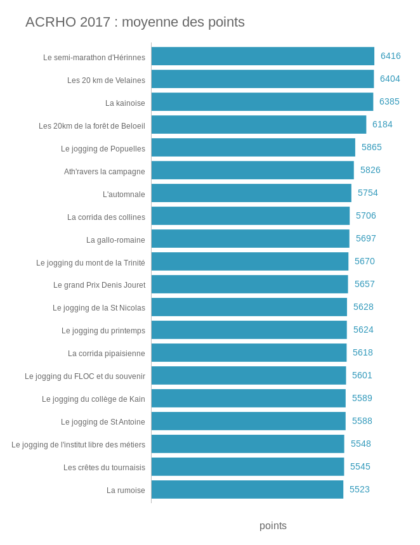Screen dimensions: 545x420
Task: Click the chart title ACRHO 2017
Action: pos(135,22)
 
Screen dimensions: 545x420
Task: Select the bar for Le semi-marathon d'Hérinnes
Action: pos(263,56)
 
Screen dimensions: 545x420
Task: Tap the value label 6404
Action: pos(390,79)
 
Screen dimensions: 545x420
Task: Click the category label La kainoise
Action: pos(125,103)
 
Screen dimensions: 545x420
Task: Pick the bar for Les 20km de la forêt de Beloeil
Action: pos(258,125)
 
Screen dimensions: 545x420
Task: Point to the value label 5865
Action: pos(371,148)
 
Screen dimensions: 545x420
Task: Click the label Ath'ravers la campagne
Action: pos(104,172)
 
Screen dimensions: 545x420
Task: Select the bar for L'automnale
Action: pos(251,193)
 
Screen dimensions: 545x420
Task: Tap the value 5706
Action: pos(365,216)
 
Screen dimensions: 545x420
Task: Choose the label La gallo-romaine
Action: pos(115,240)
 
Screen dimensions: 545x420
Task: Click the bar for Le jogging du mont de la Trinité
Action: pos(249,262)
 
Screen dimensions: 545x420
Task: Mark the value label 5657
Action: pos(364,285)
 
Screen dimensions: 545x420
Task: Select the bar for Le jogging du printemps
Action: pos(249,330)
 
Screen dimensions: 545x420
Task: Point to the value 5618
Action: pos(362,353)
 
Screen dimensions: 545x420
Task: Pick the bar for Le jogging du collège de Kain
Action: pos(248,399)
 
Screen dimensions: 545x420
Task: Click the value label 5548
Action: pos(360,444)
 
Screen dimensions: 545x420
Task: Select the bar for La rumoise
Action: pos(247,490)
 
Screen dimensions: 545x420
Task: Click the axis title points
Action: pos(273,526)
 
